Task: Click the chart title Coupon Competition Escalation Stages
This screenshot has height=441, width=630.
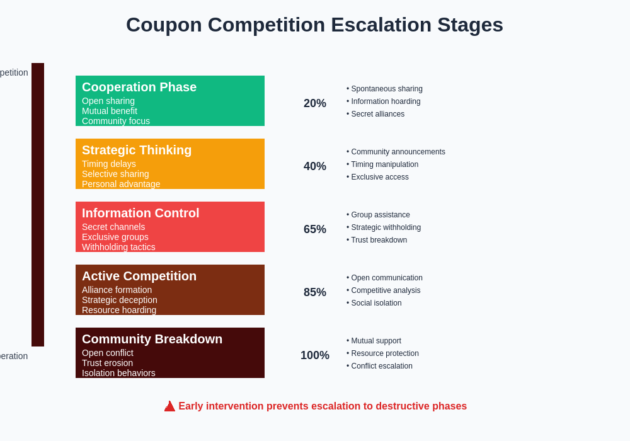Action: [x=314, y=25]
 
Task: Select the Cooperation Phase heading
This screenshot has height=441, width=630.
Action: [x=139, y=87]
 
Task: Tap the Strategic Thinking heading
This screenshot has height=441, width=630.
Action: [x=137, y=150]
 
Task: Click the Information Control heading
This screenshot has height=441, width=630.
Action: [x=140, y=213]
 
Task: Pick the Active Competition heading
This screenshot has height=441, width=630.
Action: [x=139, y=276]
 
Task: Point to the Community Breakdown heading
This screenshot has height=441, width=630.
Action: [x=152, y=339]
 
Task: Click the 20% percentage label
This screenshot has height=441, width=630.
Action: [x=315, y=103]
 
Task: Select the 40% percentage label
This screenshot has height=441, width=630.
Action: [x=315, y=166]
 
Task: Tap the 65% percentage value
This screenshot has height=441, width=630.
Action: [x=315, y=229]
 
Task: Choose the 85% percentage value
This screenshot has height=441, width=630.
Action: [x=315, y=292]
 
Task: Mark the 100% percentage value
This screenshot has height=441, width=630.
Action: [x=315, y=355]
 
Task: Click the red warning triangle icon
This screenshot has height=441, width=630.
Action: [x=169, y=406]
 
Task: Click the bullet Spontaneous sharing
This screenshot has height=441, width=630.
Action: [x=386, y=89]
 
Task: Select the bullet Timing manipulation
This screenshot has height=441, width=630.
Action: [x=384, y=164]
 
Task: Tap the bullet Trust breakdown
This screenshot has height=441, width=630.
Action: [x=379, y=240]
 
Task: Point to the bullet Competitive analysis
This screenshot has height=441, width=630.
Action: [x=386, y=290]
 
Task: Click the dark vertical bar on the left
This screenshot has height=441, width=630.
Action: [x=38, y=205]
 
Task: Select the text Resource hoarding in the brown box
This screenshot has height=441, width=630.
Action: [x=119, y=310]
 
